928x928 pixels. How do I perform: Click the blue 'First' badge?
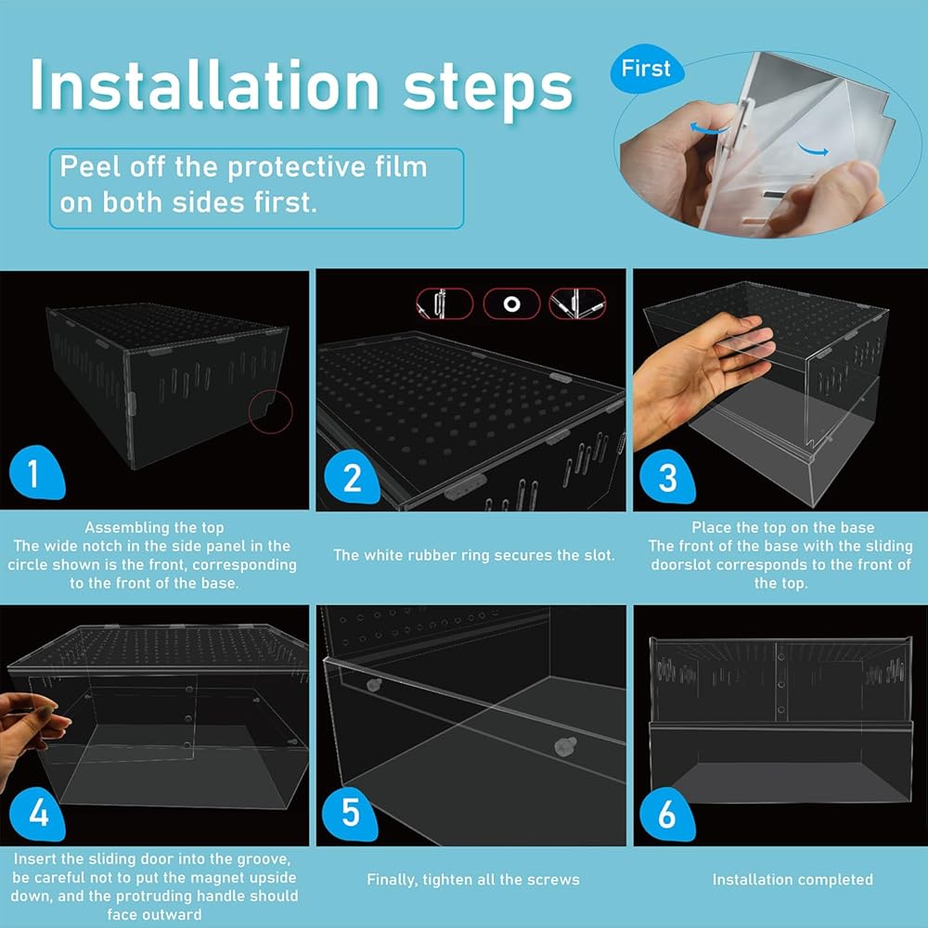(646, 69)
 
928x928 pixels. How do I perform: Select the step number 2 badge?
(352, 477)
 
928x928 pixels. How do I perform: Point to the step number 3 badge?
(667, 477)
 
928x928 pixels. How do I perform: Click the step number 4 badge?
(37, 814)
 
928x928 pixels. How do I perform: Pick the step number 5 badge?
(350, 814)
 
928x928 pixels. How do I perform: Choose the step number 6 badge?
(667, 814)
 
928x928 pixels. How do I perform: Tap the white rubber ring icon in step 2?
(512, 304)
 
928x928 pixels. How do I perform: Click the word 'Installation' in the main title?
(205, 86)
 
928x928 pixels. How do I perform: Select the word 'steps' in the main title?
(488, 89)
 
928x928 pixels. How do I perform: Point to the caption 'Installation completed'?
(793, 880)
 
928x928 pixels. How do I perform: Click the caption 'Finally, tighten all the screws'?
(473, 880)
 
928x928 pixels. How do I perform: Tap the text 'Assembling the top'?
(154, 527)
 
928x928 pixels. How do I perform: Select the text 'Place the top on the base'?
(782, 527)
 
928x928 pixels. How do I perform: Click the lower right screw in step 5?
(565, 746)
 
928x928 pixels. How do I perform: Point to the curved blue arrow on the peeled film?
(813, 149)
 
